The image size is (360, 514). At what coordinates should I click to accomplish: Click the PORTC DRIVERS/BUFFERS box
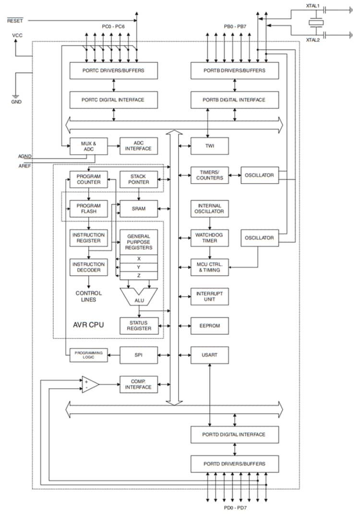[113, 71]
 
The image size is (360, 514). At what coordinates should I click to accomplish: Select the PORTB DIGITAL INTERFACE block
[235, 100]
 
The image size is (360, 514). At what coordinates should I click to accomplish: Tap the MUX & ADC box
[88, 146]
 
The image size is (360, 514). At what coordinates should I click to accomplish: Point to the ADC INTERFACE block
[139, 146]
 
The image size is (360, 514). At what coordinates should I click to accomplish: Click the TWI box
[209, 146]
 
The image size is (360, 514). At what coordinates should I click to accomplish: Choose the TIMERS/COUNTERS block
[209, 175]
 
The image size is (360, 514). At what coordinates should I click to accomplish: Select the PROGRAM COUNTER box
[88, 179]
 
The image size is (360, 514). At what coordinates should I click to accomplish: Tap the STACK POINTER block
[139, 179]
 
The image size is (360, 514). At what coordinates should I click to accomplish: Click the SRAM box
[139, 208]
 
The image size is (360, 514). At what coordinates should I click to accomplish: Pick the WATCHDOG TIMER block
[209, 238]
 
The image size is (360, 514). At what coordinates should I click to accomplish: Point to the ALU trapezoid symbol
[139, 298]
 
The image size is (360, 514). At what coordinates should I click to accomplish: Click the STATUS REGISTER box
[139, 326]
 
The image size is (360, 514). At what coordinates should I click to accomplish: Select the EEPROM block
[209, 326]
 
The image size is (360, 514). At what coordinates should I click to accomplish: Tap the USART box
[209, 355]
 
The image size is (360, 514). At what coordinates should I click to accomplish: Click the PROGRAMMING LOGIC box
[88, 355]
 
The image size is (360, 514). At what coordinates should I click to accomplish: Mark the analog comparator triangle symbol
[90, 384]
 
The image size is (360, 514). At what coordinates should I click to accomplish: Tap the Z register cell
[139, 275]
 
